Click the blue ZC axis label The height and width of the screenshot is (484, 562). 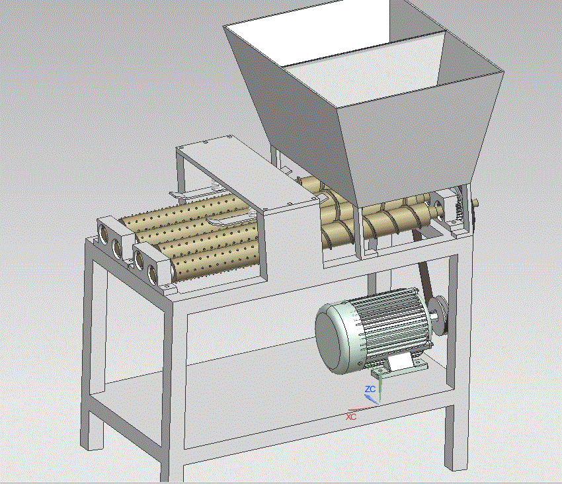click(x=370, y=389)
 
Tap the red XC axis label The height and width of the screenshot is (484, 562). click(x=351, y=417)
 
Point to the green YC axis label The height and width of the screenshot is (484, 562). click(x=372, y=367)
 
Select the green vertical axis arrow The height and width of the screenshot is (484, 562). click(x=380, y=385)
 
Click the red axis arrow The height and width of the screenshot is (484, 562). click(x=363, y=409)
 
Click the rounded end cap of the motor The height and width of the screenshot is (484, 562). click(x=333, y=335)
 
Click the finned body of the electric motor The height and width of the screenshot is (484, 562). click(x=391, y=325)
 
